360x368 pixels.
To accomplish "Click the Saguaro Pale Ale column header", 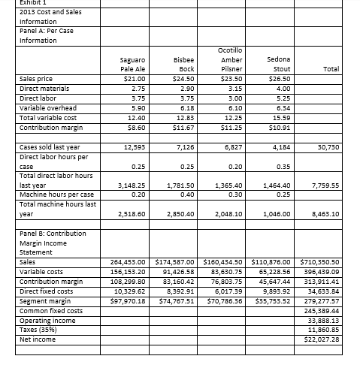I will [132, 62].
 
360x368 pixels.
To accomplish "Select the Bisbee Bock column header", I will [184, 62].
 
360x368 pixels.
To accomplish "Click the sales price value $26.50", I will [289, 77].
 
